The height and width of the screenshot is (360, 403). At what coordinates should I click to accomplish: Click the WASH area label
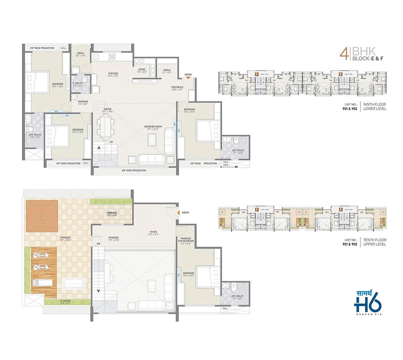[x=80, y=54]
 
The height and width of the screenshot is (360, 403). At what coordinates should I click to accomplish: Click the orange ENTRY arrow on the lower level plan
[x=189, y=78]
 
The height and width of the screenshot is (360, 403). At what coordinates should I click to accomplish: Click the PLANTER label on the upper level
[x=65, y=302]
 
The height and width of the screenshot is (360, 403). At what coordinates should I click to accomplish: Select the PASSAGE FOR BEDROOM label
[x=186, y=240]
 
